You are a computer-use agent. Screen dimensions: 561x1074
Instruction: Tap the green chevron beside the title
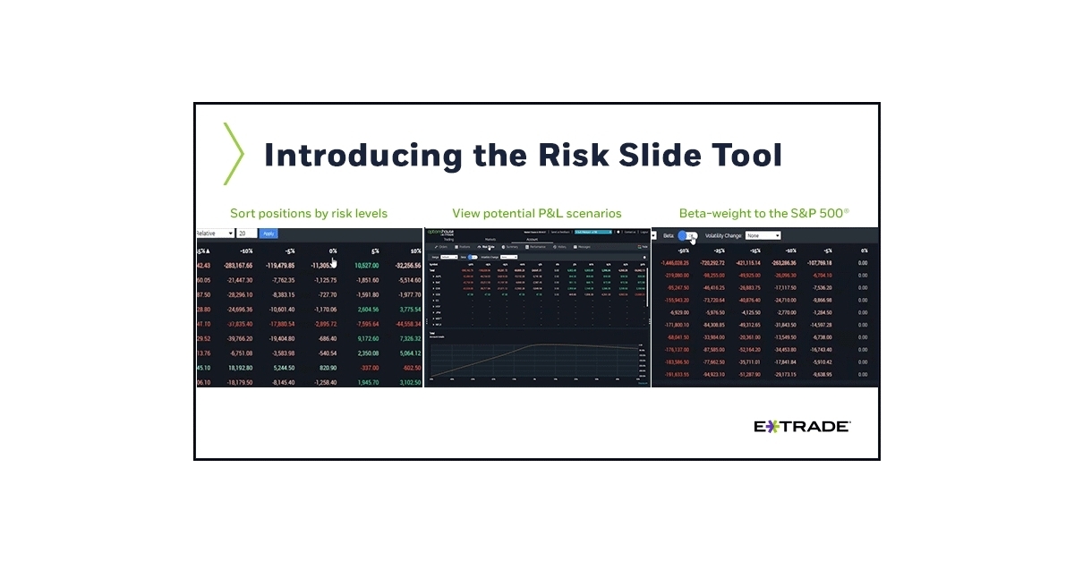click(233, 154)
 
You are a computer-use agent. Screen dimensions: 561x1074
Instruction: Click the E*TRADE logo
click(802, 427)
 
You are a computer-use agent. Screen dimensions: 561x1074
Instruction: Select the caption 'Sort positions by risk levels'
click(309, 214)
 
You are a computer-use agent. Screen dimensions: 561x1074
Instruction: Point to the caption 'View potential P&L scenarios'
click(537, 214)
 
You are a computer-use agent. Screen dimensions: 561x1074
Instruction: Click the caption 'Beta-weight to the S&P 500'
click(763, 214)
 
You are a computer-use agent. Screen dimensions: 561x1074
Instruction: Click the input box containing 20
click(245, 234)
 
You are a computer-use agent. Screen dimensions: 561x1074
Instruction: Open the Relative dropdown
click(215, 234)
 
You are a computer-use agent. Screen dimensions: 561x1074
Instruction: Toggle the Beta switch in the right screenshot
click(687, 236)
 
